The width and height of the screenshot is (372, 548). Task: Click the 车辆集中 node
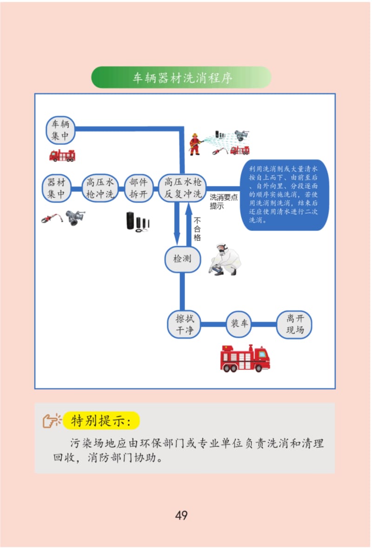tap(61, 130)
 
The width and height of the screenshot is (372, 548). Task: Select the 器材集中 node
tap(57, 188)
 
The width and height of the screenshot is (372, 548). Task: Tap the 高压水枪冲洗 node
tap(100, 188)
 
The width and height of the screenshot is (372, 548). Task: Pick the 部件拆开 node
tap(139, 188)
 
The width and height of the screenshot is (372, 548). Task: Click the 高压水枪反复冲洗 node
tap(182, 188)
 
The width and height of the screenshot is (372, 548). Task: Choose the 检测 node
tap(182, 259)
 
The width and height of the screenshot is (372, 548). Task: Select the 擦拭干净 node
tap(185, 325)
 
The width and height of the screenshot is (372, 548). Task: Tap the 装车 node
tap(239, 324)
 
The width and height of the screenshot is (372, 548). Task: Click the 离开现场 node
tap(294, 325)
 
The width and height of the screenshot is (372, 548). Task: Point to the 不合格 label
tap(197, 229)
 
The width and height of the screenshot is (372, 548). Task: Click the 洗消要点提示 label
tap(223, 202)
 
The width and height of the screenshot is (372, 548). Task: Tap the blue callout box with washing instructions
tap(285, 195)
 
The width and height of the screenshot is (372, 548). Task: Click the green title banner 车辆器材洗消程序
tap(181, 77)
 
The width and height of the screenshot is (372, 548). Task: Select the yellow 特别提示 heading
tap(101, 420)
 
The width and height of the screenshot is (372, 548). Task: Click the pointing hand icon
tap(52, 420)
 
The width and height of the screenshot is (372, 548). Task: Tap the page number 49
tap(181, 515)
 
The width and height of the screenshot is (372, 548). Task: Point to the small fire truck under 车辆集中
tap(62, 156)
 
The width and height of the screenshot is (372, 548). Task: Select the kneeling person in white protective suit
tap(225, 259)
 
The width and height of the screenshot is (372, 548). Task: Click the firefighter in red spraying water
tap(195, 144)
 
